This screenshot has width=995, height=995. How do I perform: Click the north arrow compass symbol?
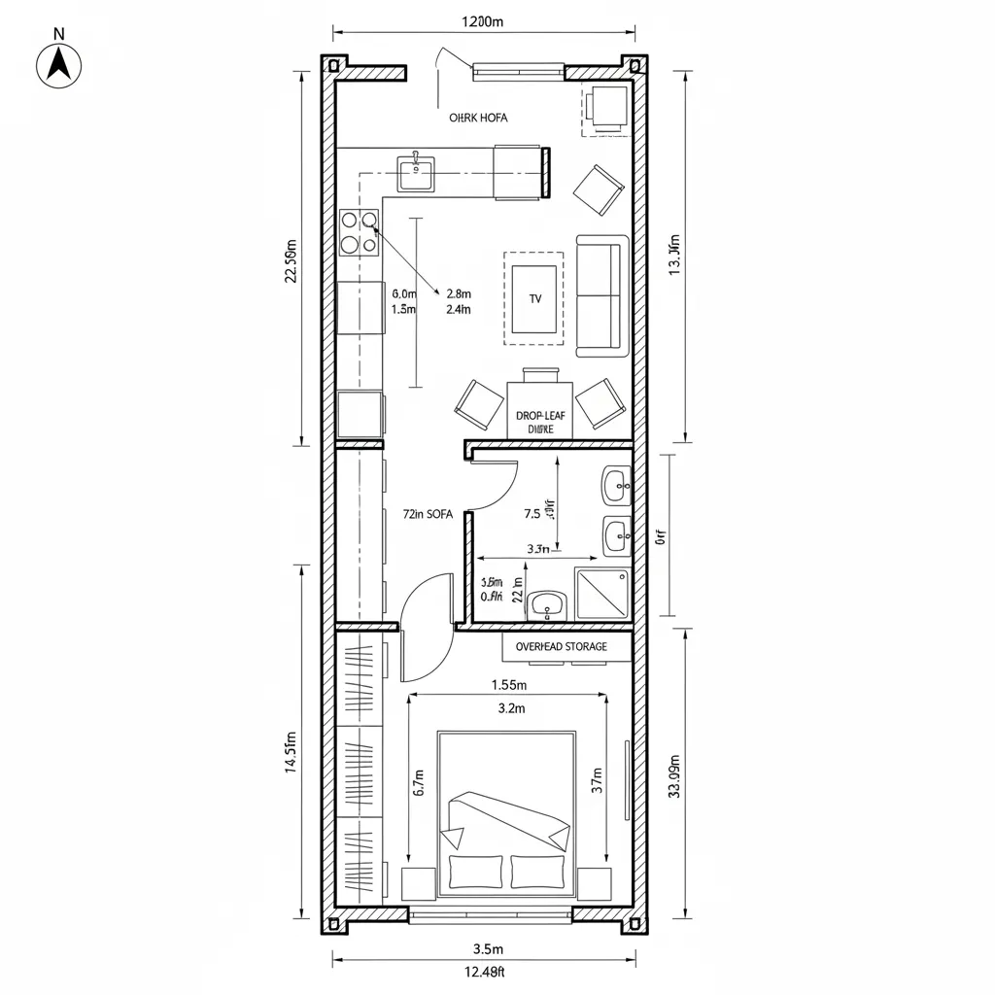(x=58, y=64)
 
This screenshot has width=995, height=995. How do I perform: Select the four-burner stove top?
(x=358, y=233)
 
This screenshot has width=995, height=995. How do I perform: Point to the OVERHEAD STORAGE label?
(x=561, y=646)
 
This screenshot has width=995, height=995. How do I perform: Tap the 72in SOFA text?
(x=428, y=515)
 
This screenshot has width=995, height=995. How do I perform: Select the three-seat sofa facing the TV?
(x=600, y=294)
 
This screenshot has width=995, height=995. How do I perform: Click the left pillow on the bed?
(x=474, y=872)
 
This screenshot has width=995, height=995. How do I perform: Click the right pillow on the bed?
(x=537, y=872)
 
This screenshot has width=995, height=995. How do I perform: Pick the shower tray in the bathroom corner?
(x=601, y=594)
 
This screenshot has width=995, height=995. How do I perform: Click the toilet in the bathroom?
(x=547, y=605)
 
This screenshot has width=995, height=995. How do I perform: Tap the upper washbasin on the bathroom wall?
(x=616, y=485)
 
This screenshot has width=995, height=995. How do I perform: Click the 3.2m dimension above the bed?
(x=510, y=708)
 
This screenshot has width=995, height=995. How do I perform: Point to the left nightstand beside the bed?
(x=419, y=883)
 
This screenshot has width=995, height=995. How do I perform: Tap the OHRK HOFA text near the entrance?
(x=478, y=118)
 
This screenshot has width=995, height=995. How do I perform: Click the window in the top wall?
(x=518, y=71)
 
